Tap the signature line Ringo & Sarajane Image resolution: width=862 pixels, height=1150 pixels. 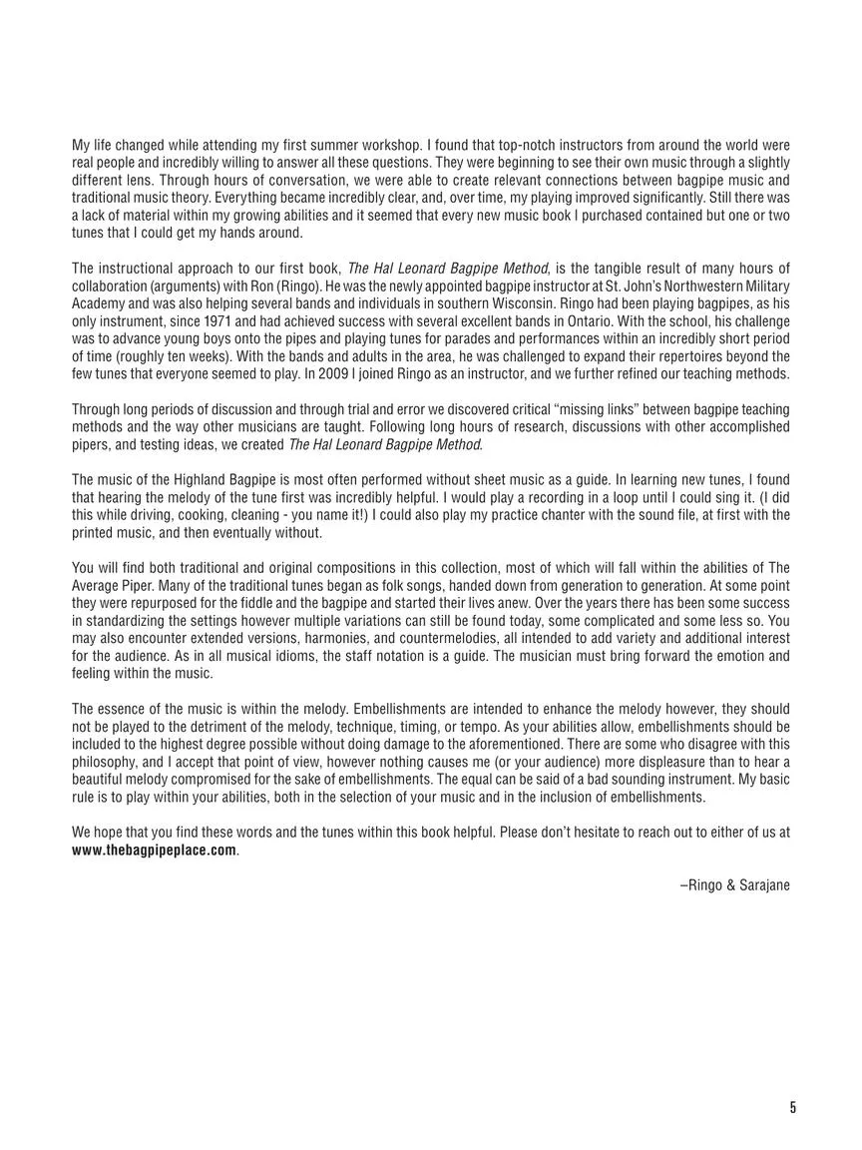click(x=734, y=884)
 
